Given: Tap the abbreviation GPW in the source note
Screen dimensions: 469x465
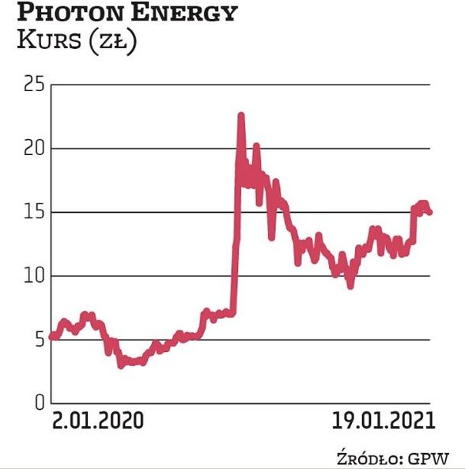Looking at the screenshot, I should click(x=427, y=458).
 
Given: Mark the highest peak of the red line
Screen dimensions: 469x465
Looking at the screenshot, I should click(x=241, y=115).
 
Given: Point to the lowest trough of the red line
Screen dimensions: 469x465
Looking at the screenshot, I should click(x=121, y=365).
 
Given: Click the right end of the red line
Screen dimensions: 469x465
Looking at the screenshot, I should click(x=429, y=212).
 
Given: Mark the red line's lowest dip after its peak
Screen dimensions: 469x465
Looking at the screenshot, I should click(x=350, y=286).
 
